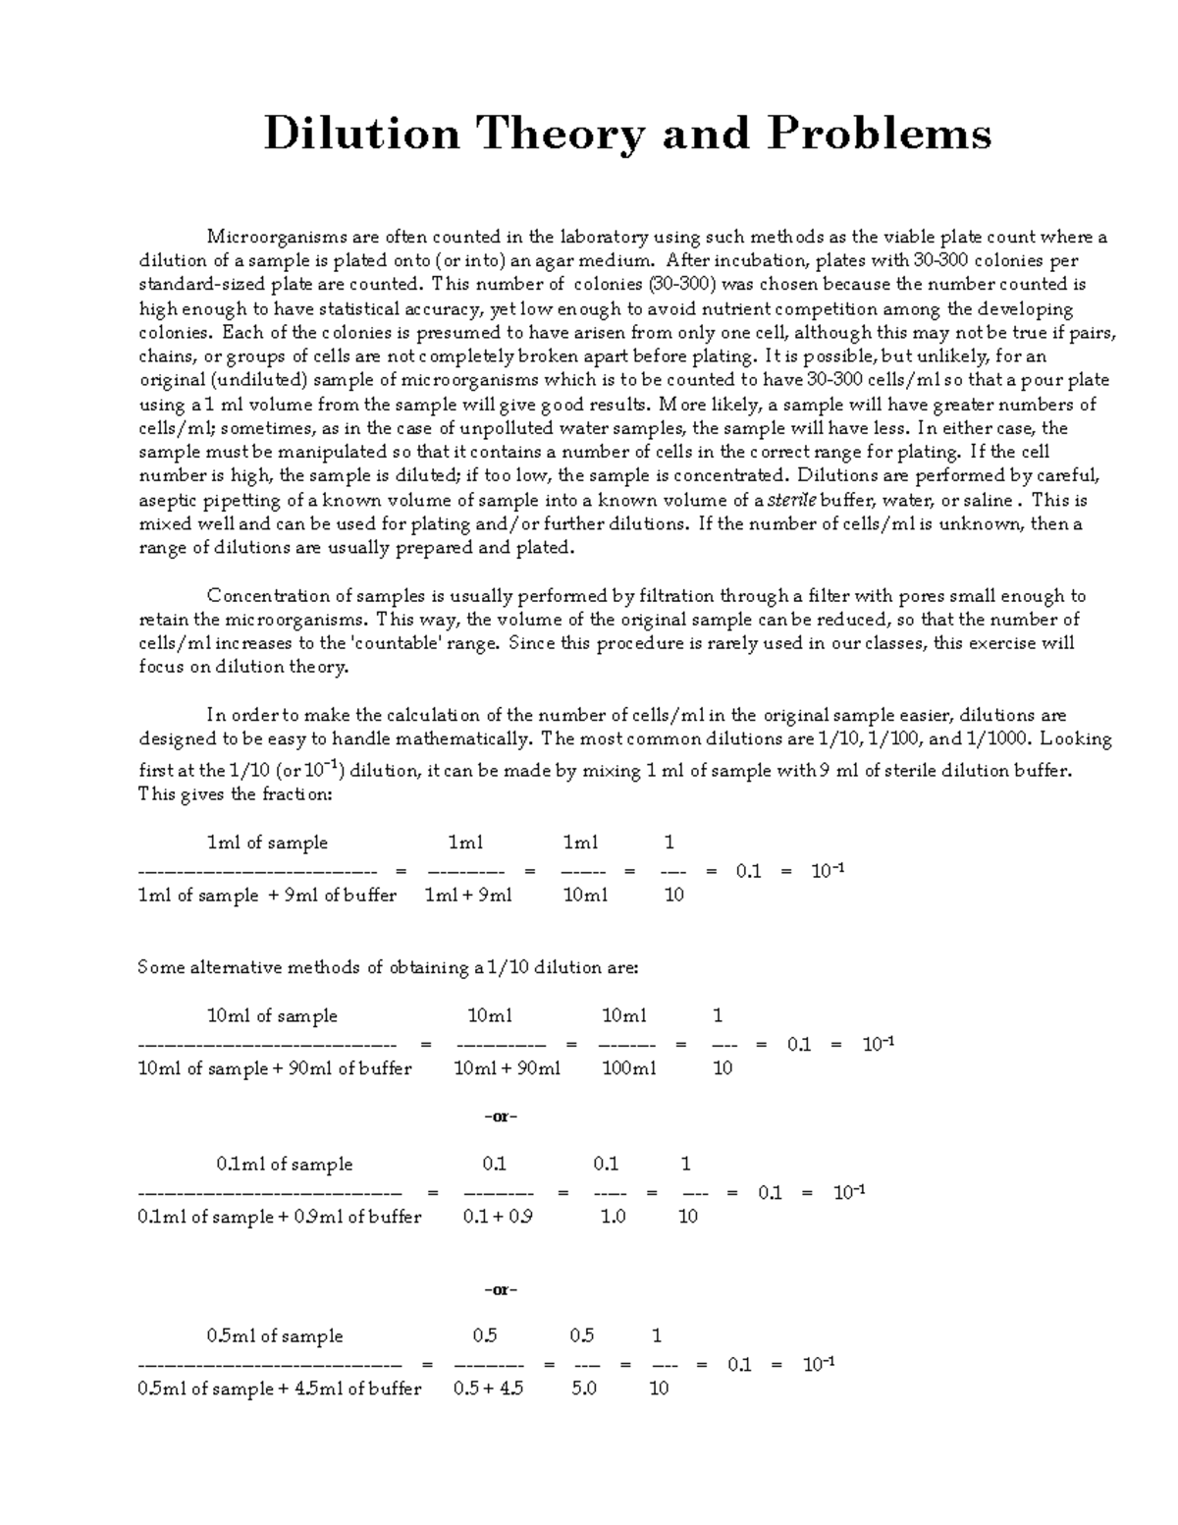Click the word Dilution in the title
[361, 134]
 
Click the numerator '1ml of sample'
[267, 843]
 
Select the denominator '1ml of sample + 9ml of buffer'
[267, 895]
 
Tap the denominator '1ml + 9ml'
[467, 895]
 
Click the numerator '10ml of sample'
[272, 1016]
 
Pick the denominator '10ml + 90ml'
[507, 1068]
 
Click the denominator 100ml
[628, 1068]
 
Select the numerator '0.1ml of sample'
[284, 1165]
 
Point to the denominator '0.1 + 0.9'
[498, 1217]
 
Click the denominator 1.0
[613, 1217]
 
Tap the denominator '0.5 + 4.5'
[488, 1389]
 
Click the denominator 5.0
[584, 1389]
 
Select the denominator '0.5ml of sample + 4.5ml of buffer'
[280, 1389]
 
